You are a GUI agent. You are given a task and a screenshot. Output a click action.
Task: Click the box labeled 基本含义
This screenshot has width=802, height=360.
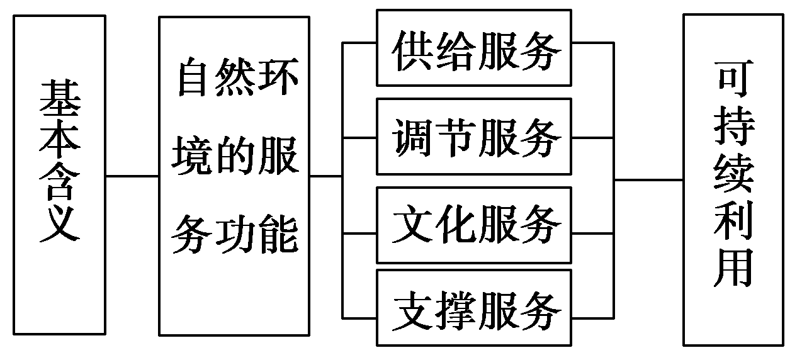[x=59, y=175]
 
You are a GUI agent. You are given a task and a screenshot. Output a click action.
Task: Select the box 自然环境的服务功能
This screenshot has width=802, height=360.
[x=234, y=175]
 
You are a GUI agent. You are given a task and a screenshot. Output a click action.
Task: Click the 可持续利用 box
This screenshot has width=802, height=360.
[x=734, y=179]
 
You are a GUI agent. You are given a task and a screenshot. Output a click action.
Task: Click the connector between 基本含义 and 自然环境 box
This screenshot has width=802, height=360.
[x=132, y=176]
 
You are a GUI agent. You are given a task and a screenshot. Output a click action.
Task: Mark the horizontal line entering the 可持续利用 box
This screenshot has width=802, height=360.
[x=648, y=180]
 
